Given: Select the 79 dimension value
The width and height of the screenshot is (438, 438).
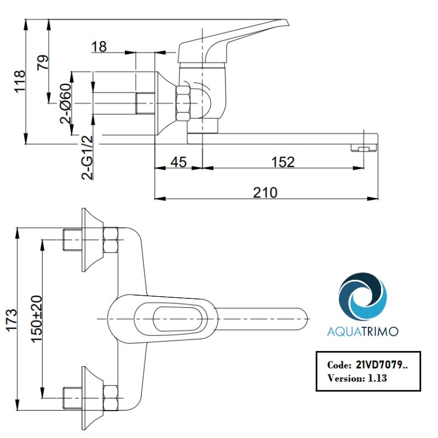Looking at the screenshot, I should (x=42, y=62).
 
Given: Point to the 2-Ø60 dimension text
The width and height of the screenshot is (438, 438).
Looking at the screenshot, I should (x=65, y=102).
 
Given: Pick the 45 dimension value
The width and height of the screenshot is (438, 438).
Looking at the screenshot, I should (x=178, y=162).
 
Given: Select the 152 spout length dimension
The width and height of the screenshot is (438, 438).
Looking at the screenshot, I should (x=283, y=162).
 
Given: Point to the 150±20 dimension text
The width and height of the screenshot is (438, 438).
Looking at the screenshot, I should (x=36, y=319).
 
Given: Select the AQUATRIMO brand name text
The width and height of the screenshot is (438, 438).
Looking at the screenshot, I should (x=362, y=332).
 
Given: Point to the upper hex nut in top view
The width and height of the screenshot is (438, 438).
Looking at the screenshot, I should (x=111, y=241).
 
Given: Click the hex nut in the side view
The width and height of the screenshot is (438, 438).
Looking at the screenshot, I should (x=183, y=102).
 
